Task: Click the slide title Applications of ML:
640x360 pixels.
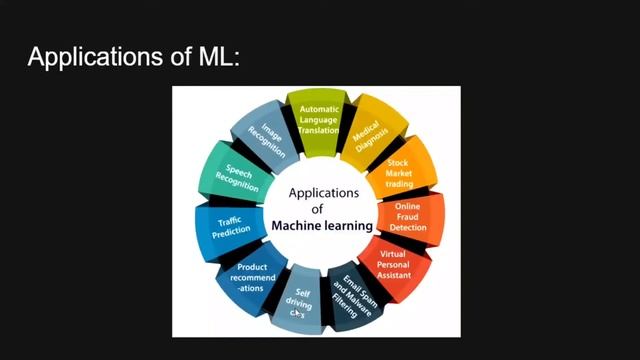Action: coord(134,56)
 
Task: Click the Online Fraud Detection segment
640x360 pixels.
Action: coord(408,217)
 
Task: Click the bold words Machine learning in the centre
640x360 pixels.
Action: coord(320,226)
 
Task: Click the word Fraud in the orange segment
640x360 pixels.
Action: coord(408,217)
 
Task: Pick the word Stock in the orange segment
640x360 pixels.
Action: coord(398,162)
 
